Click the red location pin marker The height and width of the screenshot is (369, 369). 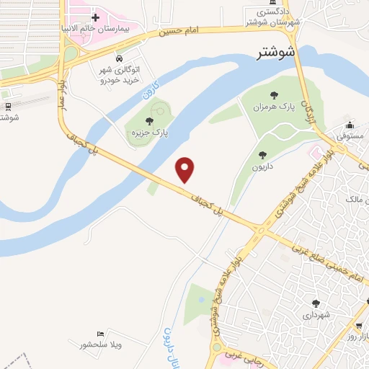[x=186, y=169]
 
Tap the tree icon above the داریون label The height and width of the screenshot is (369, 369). [x=262, y=154]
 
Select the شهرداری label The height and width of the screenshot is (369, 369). [x=315, y=315]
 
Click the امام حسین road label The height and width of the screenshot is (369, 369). [x=180, y=32]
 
